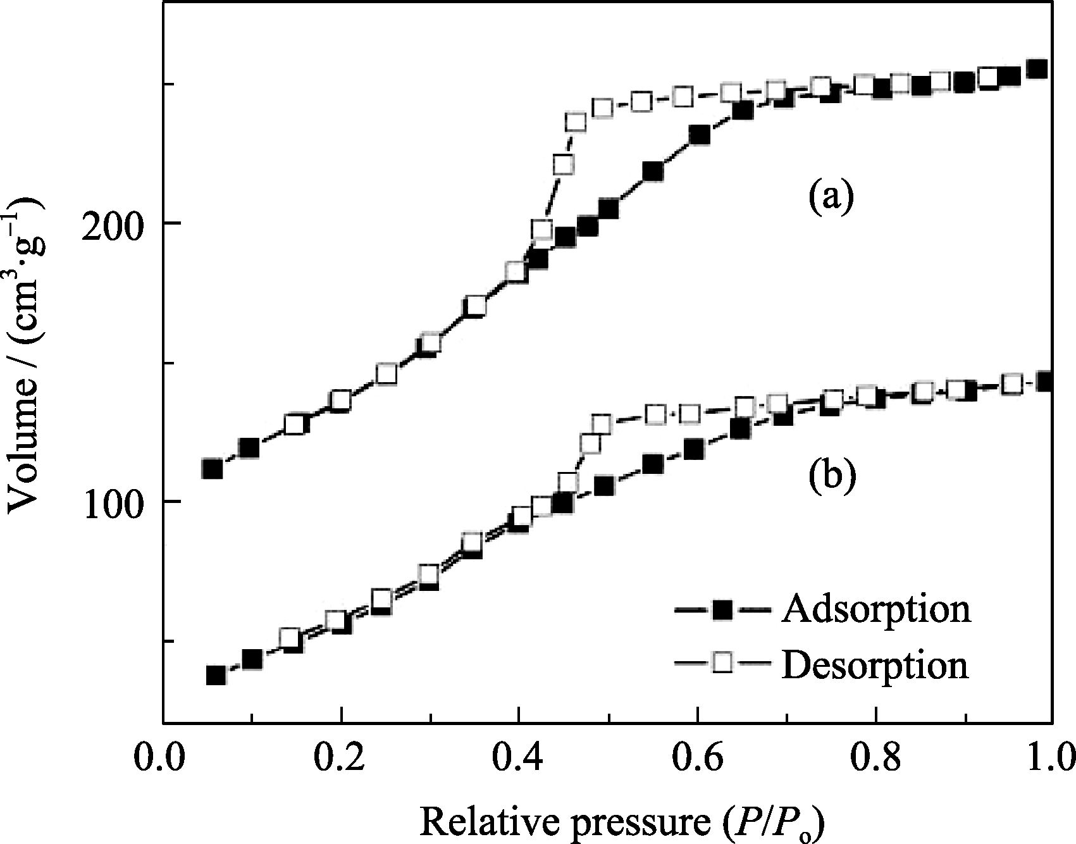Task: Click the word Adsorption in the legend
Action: (x=876, y=609)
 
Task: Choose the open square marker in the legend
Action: (x=722, y=664)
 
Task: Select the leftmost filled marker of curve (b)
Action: (x=216, y=675)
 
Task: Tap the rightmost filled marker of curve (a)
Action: (x=1036, y=69)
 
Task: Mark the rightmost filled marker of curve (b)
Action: (x=1045, y=382)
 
